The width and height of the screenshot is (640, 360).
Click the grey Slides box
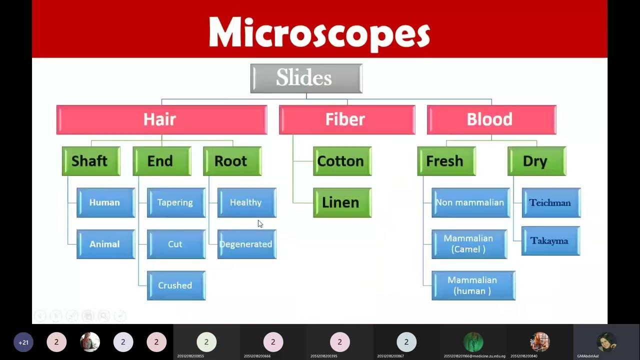[306, 78]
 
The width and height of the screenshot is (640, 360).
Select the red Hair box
[161, 119]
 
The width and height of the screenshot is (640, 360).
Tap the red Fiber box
[346, 119]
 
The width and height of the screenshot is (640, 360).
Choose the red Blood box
[491, 119]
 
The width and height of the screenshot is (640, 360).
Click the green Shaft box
[91, 161]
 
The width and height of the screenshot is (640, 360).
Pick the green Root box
[232, 161]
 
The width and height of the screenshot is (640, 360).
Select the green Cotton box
[342, 161]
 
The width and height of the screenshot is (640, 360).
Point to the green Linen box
[342, 202]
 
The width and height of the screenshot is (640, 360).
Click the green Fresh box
[446, 161]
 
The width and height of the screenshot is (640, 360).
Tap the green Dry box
[536, 161]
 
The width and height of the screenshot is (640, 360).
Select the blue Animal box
[105, 244]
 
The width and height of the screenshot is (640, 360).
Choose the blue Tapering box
[176, 202]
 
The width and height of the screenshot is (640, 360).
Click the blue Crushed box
[176, 285]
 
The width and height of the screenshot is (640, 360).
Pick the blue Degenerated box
[246, 244]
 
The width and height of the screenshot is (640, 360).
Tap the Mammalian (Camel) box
[469, 244]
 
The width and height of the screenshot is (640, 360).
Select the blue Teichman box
[551, 202]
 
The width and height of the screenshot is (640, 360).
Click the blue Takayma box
[550, 241]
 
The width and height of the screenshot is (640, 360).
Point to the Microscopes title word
[319, 33]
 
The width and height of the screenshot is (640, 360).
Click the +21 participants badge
[23, 342]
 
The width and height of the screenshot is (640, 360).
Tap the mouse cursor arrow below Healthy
[260, 224]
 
